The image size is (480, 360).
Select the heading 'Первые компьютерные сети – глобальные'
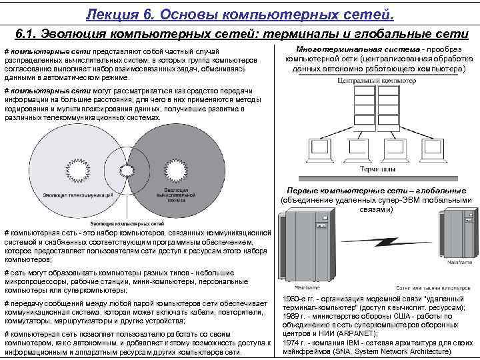click(x=374, y=191)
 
